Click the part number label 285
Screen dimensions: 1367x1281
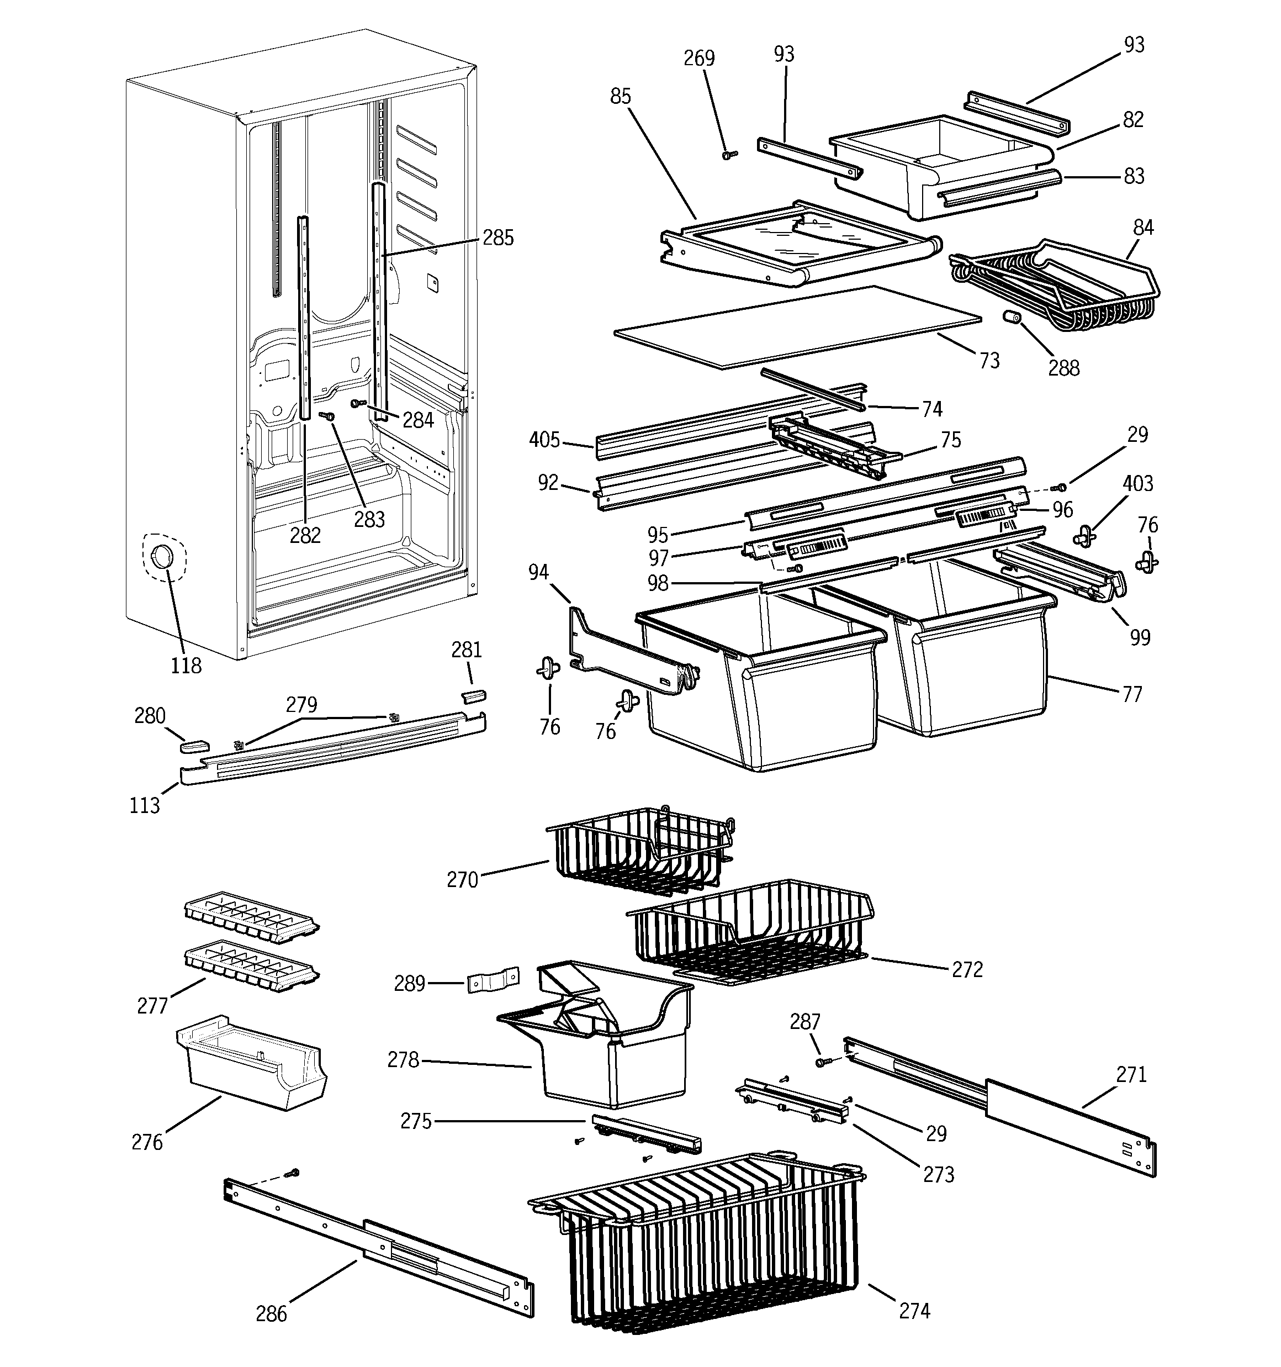click(x=498, y=237)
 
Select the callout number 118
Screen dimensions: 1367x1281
click(x=186, y=665)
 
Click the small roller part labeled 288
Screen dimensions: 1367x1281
click(x=1010, y=318)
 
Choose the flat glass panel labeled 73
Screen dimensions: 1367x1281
click(x=798, y=326)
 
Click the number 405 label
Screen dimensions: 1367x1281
click(x=544, y=440)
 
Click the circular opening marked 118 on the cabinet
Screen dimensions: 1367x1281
click(x=162, y=557)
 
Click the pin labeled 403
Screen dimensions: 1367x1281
click(x=1084, y=536)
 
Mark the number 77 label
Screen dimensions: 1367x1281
click(x=1132, y=694)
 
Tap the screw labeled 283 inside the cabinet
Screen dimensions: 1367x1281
click(x=327, y=416)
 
